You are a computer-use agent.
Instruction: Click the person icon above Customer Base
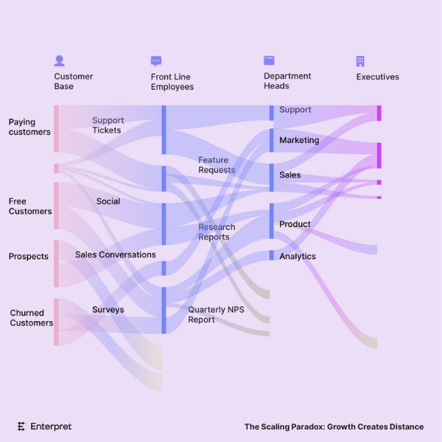(60, 61)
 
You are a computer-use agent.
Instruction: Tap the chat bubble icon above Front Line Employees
(156, 61)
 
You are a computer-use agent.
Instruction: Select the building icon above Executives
(360, 61)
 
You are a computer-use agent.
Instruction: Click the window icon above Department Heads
(269, 61)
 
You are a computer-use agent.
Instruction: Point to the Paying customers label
(29, 127)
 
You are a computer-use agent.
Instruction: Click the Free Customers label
(30, 206)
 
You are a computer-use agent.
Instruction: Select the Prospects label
(29, 256)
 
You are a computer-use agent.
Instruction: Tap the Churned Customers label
(31, 318)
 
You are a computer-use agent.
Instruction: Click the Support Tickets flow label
(108, 125)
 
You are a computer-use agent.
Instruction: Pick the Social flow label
(108, 201)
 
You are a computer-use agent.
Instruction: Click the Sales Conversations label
(116, 255)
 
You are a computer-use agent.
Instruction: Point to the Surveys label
(108, 309)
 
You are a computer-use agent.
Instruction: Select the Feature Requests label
(217, 165)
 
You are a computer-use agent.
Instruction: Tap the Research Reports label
(217, 232)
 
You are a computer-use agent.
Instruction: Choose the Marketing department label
(299, 140)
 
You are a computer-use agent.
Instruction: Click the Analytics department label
(298, 256)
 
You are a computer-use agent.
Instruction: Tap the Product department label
(295, 224)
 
